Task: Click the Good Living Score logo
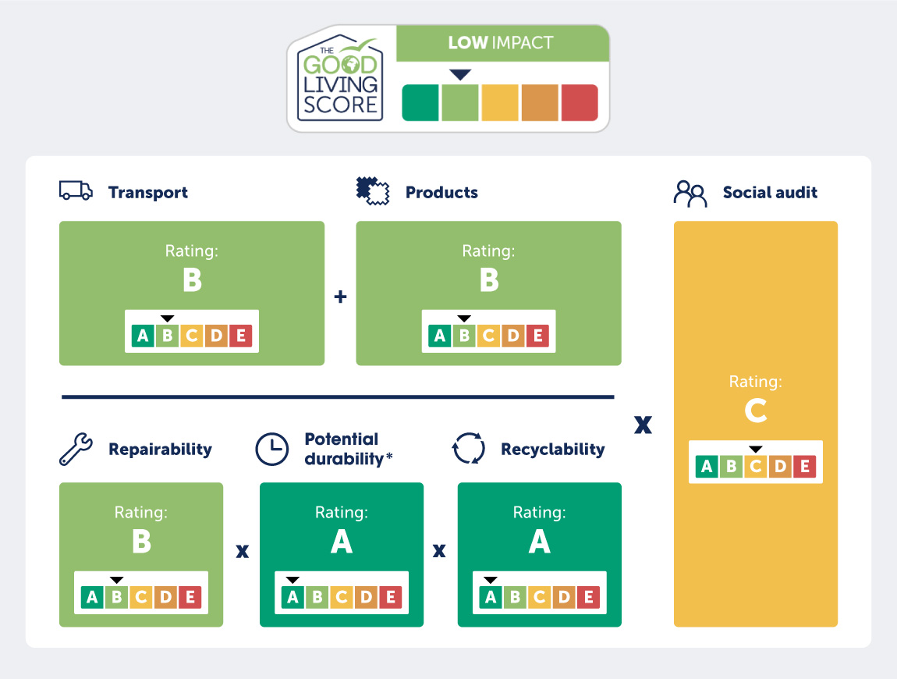coord(340,78)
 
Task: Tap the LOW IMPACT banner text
coord(501,43)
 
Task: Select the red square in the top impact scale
coord(580,103)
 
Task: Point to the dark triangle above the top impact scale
coord(460,75)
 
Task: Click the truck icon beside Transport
coord(76,190)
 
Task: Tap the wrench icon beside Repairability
coord(76,449)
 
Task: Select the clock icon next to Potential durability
coord(271,449)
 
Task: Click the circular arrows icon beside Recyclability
coord(469,448)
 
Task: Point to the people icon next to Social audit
coord(690,194)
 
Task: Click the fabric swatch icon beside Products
coord(372,191)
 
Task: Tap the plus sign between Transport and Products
coord(340,297)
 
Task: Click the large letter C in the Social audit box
coord(756,411)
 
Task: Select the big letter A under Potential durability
coord(342,541)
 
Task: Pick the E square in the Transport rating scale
coord(242,336)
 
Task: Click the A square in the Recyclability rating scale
coord(491,597)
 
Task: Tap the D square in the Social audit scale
coord(780,467)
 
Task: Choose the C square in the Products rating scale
coord(489,336)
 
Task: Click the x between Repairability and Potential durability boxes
coord(243,551)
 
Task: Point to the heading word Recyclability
coord(552,450)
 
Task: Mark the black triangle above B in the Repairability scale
coord(117,580)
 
